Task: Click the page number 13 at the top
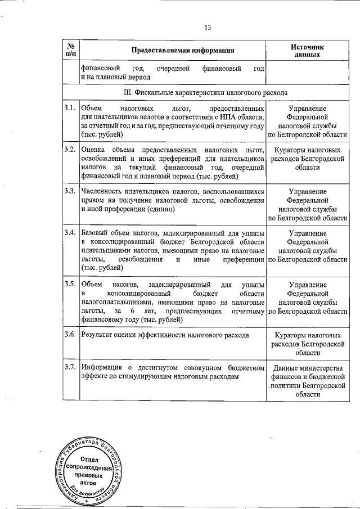tap(207, 28)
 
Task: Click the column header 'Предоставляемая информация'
tap(183, 50)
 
